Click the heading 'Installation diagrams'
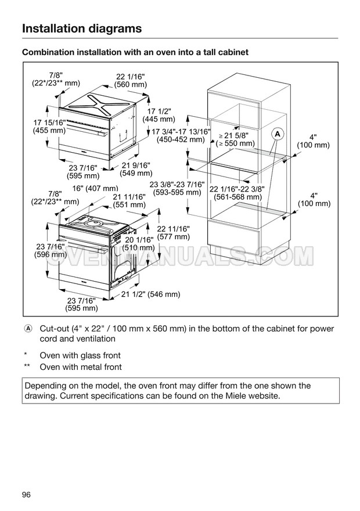pos(81,28)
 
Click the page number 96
pos(26,494)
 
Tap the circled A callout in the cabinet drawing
pos(278,134)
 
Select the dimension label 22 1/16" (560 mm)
pos(131,80)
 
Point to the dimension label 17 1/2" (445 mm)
pos(159,115)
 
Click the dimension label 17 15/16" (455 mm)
pos(49,127)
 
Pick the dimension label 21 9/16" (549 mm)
pos(136,168)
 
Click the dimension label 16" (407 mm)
pos(95,188)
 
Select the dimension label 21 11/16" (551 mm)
pos(129,200)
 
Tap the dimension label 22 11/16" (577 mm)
pos(173,232)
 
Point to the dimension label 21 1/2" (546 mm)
pos(151,294)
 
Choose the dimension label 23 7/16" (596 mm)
pos(50,250)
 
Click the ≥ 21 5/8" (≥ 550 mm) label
pos(235,139)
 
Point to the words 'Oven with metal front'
pos(81,367)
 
